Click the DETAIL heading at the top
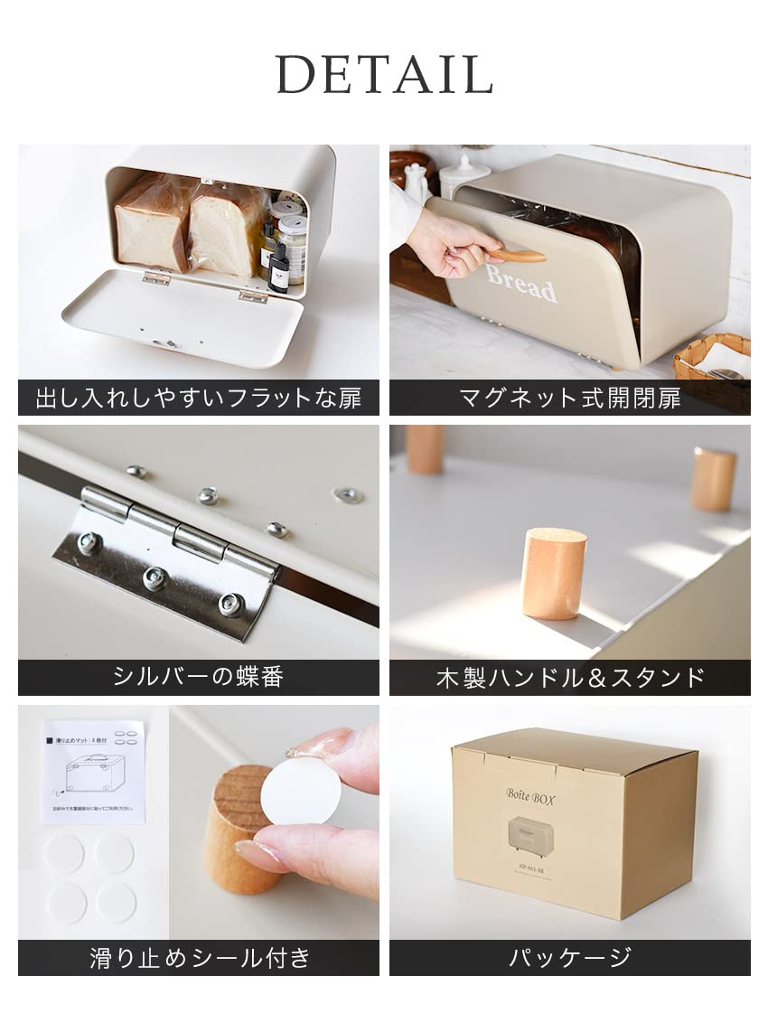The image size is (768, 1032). coord(384,74)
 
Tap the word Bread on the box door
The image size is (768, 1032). coord(521,283)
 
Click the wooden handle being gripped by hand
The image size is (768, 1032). coord(518,256)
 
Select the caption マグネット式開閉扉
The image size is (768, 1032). coord(569,398)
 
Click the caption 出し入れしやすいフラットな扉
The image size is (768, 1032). coord(198,398)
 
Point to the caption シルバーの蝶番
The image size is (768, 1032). coord(198,677)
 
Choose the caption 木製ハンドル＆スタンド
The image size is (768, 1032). coord(569,677)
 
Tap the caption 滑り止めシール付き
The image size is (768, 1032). coord(198,958)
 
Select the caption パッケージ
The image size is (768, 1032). coord(569,958)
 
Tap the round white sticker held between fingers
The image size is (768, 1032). coord(301,790)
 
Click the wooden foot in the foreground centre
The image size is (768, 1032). coord(553,574)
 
